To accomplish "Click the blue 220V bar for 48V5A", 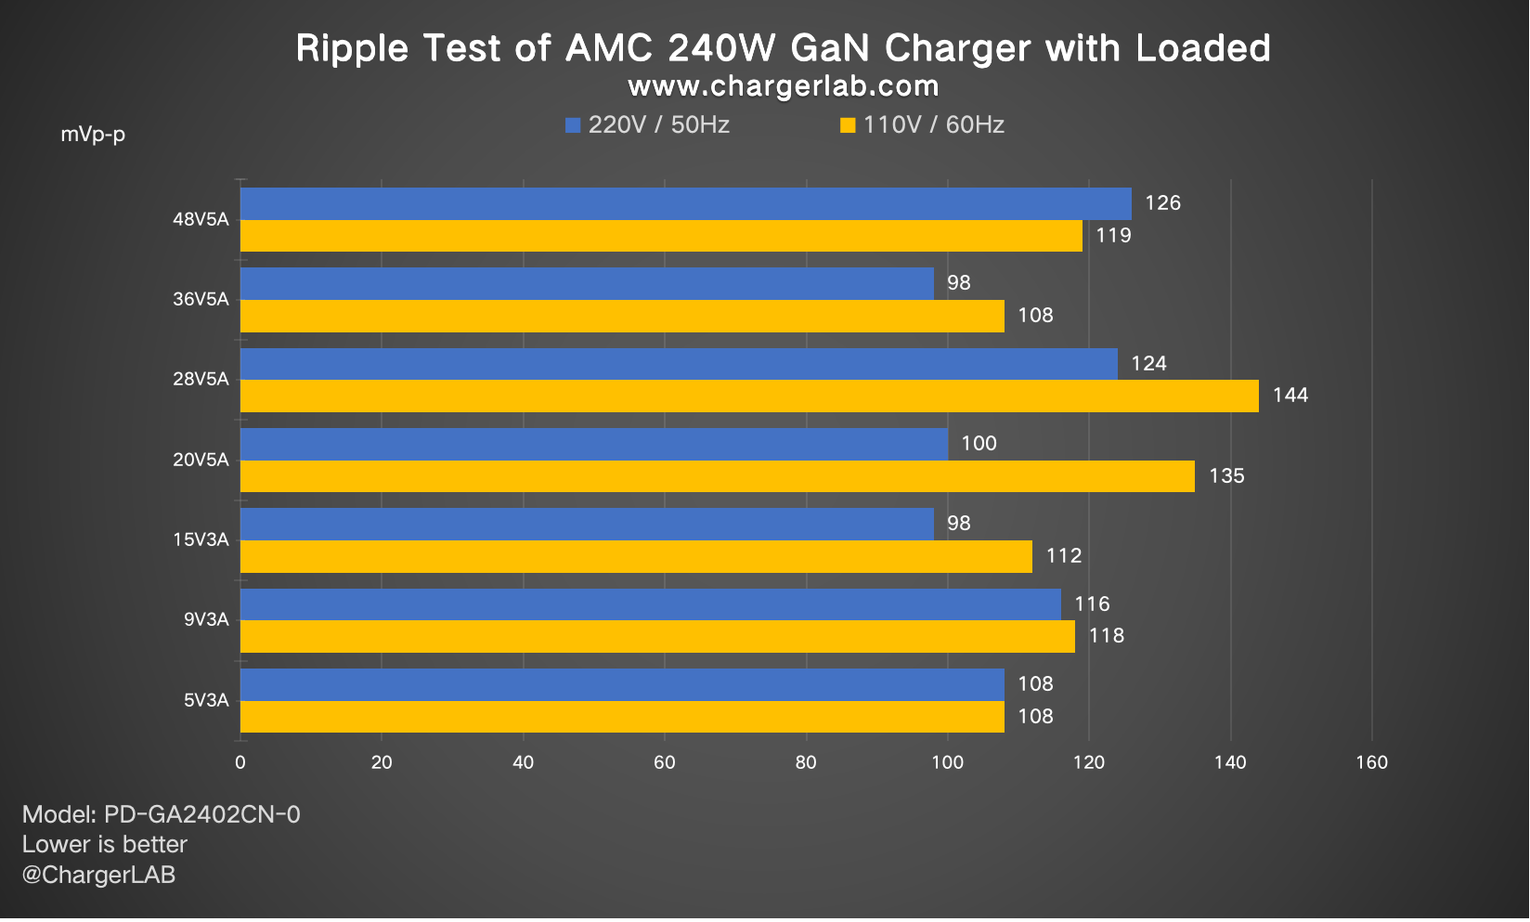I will pyautogui.click(x=685, y=203).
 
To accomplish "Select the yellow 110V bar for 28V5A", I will pyautogui.click(x=749, y=396).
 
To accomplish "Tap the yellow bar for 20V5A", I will pyautogui.click(x=717, y=476).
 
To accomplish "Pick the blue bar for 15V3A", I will pyautogui.click(x=587, y=524).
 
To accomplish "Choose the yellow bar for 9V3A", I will pyautogui.click(x=657, y=636).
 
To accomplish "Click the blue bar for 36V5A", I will pyautogui.click(x=587, y=283).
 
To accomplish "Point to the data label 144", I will pyautogui.click(x=1290, y=396).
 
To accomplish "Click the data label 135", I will pyautogui.click(x=1225, y=476).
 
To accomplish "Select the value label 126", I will pyautogui.click(x=1162, y=203).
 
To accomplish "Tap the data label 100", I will pyautogui.click(x=979, y=444).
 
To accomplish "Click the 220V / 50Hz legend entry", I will pyautogui.click(x=648, y=125).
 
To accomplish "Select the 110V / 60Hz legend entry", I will pyautogui.click(x=923, y=125).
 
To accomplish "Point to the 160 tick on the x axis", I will pyautogui.click(x=1371, y=763).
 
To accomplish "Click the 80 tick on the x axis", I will pyautogui.click(x=806, y=763).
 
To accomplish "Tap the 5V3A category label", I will pyautogui.click(x=205, y=700).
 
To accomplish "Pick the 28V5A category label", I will pyautogui.click(x=201, y=380).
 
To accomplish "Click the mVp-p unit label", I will pyautogui.click(x=93, y=135).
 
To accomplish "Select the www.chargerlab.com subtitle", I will pyautogui.click(x=783, y=86).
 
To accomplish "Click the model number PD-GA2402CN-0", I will pyautogui.click(x=201, y=815).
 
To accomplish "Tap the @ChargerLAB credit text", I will pyautogui.click(x=98, y=875).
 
